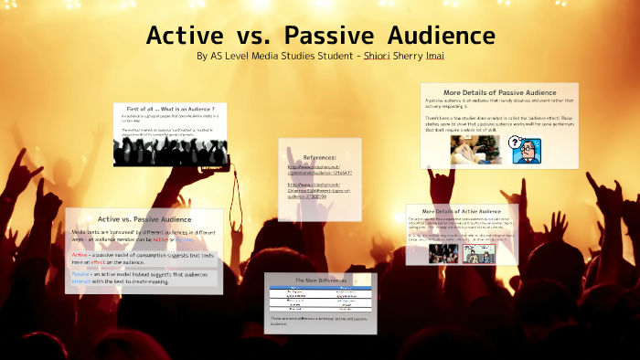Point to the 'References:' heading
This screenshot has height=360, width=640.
tap(320, 157)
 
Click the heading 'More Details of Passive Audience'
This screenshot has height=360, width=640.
tap(499, 93)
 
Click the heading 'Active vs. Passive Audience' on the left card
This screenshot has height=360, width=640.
tap(144, 219)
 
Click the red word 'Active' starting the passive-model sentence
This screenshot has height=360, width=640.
tap(80, 254)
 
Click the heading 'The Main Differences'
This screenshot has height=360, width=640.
tap(320, 279)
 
